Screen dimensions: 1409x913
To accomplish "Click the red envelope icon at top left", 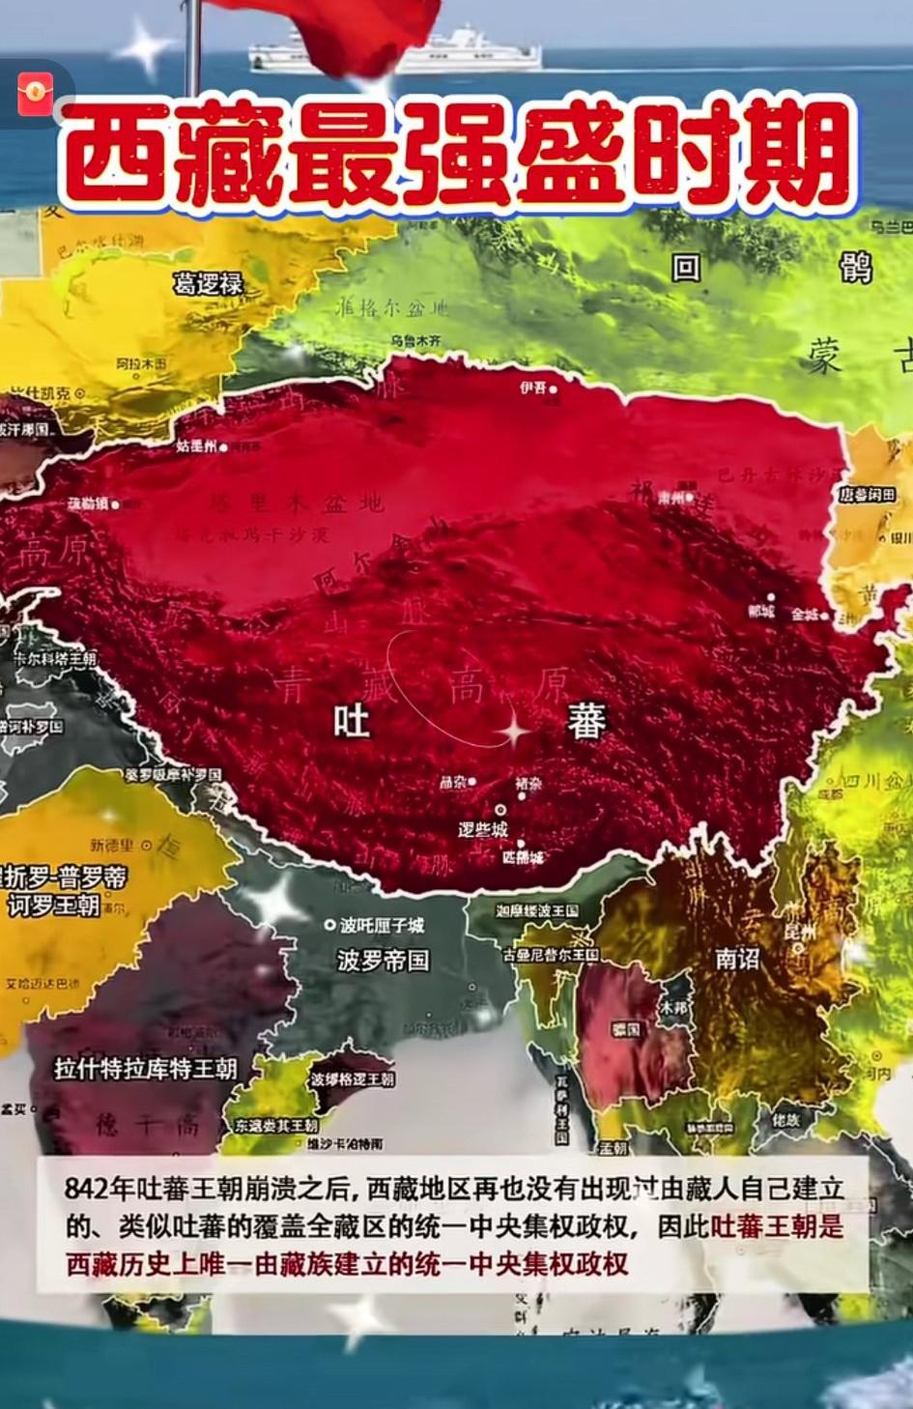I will click(x=36, y=94).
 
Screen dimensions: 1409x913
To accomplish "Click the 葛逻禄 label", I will click(x=208, y=284).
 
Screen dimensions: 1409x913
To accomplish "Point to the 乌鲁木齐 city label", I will click(x=415, y=341).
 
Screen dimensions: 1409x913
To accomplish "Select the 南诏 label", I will click(x=737, y=958).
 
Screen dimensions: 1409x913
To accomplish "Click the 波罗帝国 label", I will click(x=383, y=960).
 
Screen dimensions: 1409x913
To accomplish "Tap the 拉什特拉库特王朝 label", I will click(x=146, y=1068).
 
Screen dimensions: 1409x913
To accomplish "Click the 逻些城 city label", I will click(x=483, y=829).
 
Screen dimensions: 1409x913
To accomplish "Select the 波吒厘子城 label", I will click(x=381, y=925).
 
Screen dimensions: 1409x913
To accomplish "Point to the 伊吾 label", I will click(x=532, y=388).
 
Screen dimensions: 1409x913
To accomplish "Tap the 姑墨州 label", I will click(x=196, y=446).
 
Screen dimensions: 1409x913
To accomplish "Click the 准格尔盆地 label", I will click(x=391, y=308).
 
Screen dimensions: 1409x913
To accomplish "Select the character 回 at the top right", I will click(x=686, y=267).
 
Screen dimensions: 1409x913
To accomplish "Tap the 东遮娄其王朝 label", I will click(x=275, y=1126).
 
